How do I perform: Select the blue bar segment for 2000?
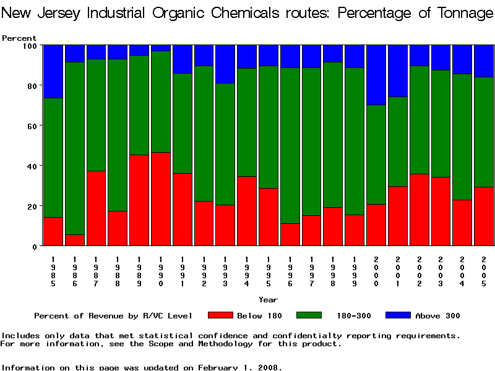pos(376,75)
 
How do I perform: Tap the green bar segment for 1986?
pos(75,148)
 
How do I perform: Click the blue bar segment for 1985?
pos(53,71)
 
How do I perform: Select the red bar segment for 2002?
pos(420,210)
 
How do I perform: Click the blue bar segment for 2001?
pos(398,70)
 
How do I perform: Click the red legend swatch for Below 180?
pos(220,315)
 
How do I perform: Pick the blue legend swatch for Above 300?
pos(398,315)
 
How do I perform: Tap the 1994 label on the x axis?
pos(247,271)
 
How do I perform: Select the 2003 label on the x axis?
pos(441,271)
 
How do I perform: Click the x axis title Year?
pos(268,300)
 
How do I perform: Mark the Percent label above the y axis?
pos(19,38)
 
